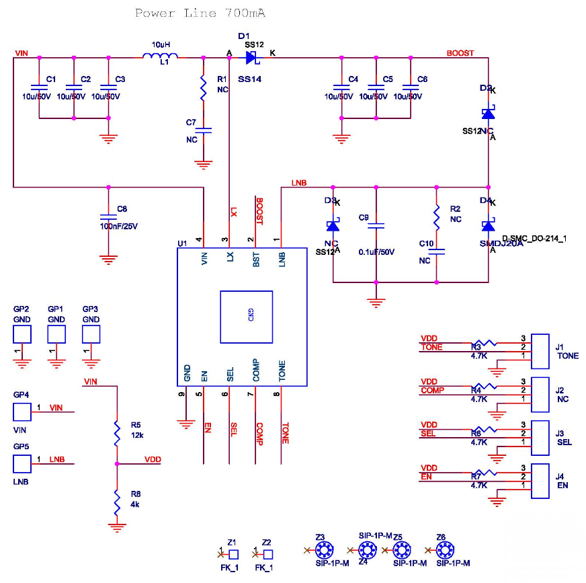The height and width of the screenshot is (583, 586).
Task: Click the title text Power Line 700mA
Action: (195, 13)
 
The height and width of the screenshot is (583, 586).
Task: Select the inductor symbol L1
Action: (160, 57)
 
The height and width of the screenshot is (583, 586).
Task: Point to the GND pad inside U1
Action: (246, 317)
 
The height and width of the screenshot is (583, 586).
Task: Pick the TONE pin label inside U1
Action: (282, 373)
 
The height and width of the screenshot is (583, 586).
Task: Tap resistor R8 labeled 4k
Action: (117, 501)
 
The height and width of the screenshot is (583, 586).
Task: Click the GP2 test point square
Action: (22, 334)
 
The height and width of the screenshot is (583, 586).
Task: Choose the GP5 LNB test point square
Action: (22, 463)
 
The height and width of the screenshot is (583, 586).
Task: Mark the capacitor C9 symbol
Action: (376, 226)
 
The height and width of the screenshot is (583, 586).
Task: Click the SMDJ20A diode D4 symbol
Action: (489, 226)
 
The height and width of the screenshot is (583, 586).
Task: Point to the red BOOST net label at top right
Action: (460, 53)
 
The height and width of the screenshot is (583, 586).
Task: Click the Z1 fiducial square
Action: (233, 555)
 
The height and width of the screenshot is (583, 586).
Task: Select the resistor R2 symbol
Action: (437, 215)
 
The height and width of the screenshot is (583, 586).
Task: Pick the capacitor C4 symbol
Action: (342, 87)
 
